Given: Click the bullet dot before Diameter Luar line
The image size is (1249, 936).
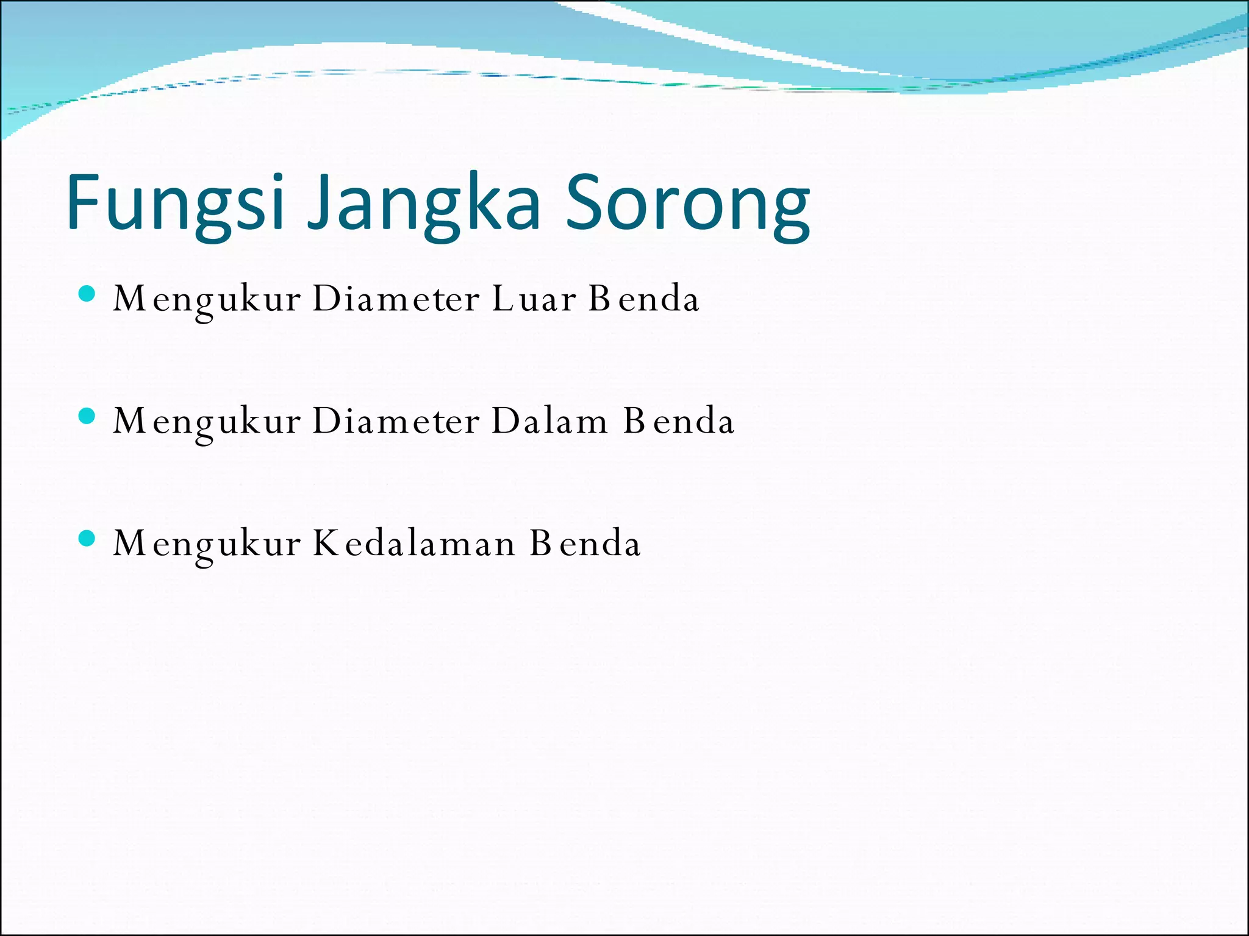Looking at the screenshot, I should [x=87, y=294].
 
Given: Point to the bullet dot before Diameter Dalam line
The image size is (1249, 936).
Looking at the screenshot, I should [x=87, y=416].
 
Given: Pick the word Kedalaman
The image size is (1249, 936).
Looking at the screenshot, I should [x=414, y=543].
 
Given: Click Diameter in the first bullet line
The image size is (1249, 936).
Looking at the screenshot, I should [x=396, y=299].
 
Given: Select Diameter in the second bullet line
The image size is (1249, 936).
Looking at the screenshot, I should [x=396, y=421].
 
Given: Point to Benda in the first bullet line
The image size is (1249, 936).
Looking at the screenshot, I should [x=644, y=299].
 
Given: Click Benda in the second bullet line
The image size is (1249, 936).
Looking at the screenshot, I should [x=679, y=421].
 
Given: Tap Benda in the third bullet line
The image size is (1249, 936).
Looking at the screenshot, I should [x=585, y=543].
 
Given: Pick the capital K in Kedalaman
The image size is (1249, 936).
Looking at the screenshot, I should [x=326, y=542].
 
